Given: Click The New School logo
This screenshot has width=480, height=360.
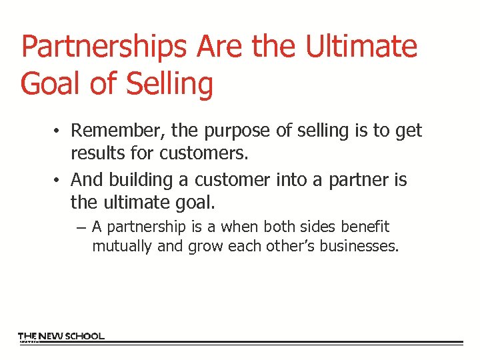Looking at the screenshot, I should pyautogui.click(x=61, y=337).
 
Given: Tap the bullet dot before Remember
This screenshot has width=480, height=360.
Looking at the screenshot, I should pyautogui.click(x=59, y=131).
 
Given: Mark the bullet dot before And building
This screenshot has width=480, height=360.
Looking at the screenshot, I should pyautogui.click(x=59, y=180).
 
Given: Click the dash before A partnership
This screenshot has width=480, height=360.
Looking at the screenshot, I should pyautogui.click(x=81, y=227).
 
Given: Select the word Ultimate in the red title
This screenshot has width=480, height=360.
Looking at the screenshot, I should pyautogui.click(x=362, y=47).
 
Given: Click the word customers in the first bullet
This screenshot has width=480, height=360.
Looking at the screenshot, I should pyautogui.click(x=203, y=154).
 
